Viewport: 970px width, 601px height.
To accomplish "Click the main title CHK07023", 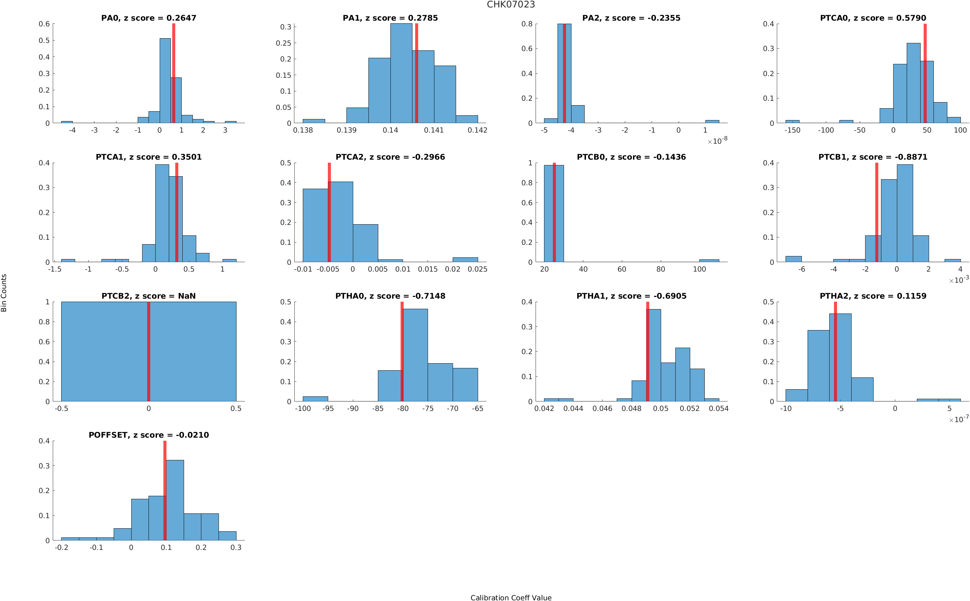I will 511,5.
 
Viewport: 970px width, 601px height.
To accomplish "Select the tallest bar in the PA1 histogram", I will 401,73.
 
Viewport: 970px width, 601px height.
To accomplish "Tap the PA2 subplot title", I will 631,18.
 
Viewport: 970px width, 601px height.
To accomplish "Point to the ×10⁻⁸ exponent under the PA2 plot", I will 717,141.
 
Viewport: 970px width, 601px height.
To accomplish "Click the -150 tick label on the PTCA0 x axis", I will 792,130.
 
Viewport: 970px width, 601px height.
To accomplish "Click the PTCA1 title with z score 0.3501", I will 149,157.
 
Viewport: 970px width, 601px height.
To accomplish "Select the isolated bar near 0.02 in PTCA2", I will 465,259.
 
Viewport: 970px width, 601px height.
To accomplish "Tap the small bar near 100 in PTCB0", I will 709,261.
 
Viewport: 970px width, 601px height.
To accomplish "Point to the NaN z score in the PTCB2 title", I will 187,296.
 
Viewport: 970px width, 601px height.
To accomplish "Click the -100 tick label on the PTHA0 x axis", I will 302,409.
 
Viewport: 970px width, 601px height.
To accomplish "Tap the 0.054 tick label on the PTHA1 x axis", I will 718,409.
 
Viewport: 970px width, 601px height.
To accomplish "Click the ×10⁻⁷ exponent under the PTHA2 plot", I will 958,419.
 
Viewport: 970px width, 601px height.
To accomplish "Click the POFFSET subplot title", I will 149,435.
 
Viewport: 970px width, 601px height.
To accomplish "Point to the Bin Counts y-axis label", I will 4,293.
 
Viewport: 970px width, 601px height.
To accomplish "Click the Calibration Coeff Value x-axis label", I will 511,597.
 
